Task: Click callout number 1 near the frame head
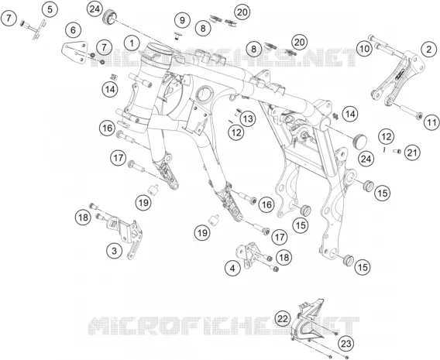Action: pyautogui.click(x=132, y=43)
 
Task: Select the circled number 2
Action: pyautogui.click(x=429, y=50)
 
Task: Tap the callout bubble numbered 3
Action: pyautogui.click(x=114, y=250)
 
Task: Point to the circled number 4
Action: pyautogui.click(x=232, y=269)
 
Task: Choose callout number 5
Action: pyautogui.click(x=50, y=9)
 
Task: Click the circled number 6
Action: pyautogui.click(x=74, y=30)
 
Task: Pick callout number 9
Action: pyautogui.click(x=182, y=20)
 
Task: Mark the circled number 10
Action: pyautogui.click(x=365, y=49)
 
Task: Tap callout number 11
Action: pyautogui.click(x=431, y=122)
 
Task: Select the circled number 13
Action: pyautogui.click(x=248, y=119)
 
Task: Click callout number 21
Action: pyautogui.click(x=412, y=153)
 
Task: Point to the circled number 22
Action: pyautogui.click(x=284, y=319)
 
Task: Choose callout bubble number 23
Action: pyautogui.click(x=346, y=344)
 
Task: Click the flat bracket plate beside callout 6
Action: pyautogui.click(x=74, y=53)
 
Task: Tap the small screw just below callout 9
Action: pyautogui.click(x=177, y=35)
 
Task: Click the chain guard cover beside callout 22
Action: pyautogui.click(x=308, y=321)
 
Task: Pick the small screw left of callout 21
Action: pyautogui.click(x=397, y=151)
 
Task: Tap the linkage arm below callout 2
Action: pyautogui.click(x=398, y=79)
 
